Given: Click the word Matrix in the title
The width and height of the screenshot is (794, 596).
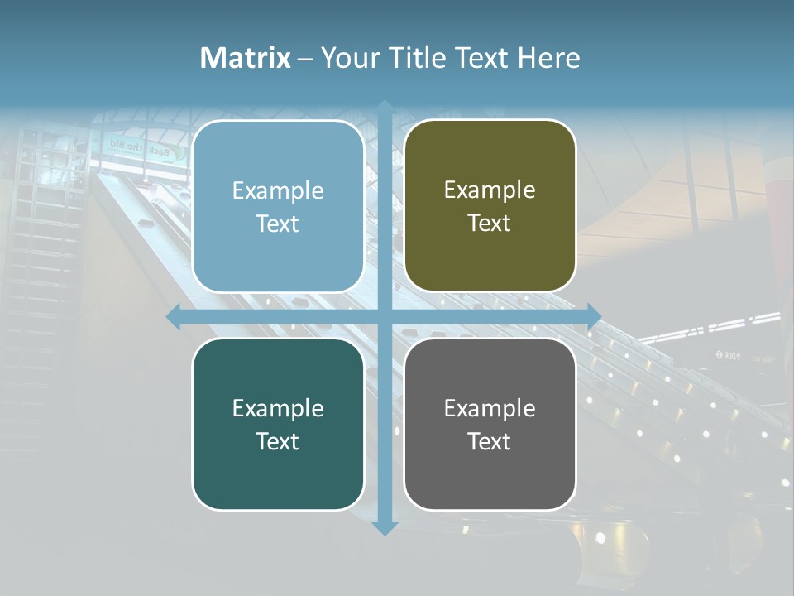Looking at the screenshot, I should (246, 58).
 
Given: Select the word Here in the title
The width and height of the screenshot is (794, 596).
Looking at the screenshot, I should (548, 58).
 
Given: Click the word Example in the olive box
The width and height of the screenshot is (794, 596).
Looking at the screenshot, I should (490, 190).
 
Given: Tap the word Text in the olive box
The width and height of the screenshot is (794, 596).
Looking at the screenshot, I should (490, 223).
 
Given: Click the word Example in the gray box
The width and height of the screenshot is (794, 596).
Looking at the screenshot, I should (490, 408).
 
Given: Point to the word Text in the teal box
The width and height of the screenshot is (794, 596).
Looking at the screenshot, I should (278, 441).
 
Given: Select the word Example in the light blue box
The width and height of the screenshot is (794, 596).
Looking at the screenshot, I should (278, 190).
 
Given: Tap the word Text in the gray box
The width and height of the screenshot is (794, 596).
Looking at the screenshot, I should (490, 441).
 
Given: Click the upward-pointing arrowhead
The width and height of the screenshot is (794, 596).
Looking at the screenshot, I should (385, 107).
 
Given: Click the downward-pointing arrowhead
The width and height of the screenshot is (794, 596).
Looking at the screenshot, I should (385, 527).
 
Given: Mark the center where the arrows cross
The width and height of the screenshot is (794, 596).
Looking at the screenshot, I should (385, 316).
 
